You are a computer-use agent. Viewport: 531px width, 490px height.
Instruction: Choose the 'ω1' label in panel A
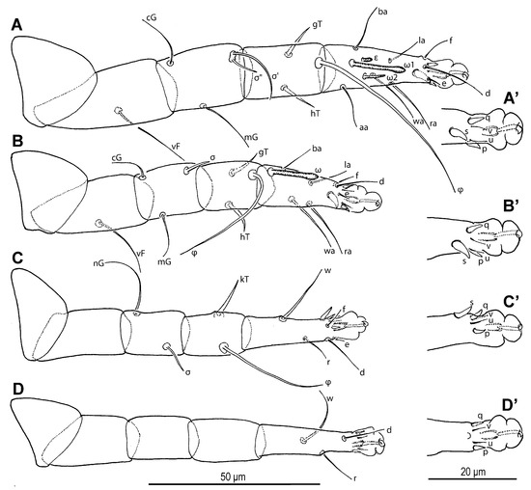(408, 66)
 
